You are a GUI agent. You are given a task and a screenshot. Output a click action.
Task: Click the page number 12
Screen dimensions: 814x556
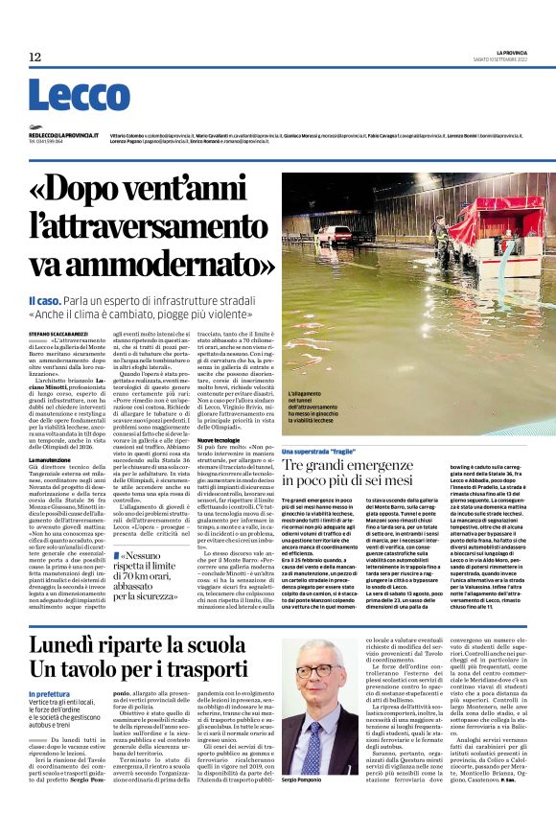pyautogui.click(x=35, y=58)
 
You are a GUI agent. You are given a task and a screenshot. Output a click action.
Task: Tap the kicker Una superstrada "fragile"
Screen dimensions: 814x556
pyautogui.click(x=326, y=450)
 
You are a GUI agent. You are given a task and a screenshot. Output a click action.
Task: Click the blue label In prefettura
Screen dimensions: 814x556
pyautogui.click(x=49, y=693)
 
